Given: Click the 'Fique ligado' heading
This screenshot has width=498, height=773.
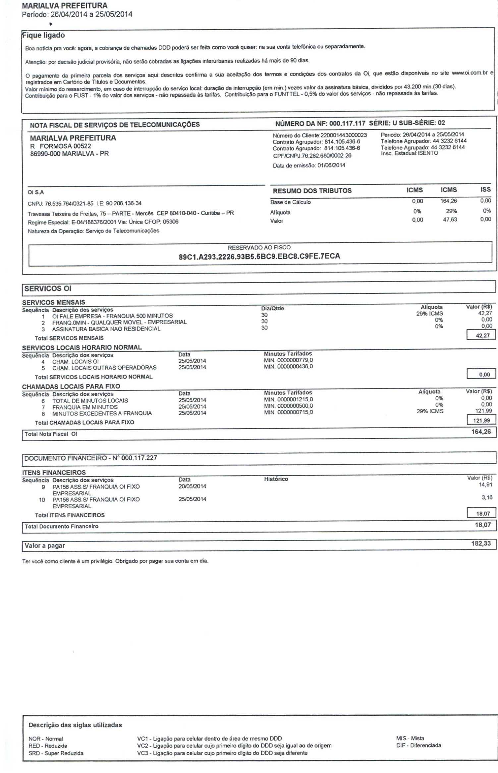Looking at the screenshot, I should [43, 35].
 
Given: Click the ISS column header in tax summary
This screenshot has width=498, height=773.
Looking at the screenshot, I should [485, 189].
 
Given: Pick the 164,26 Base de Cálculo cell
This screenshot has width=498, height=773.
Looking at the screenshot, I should [449, 201].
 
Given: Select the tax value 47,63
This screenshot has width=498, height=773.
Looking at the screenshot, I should [450, 219].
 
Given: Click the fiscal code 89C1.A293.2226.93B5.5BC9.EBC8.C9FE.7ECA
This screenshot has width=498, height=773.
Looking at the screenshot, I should [259, 256].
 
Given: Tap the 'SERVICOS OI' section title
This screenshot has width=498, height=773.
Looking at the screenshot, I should [48, 288].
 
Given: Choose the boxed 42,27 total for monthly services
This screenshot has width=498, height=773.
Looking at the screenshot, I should [482, 335].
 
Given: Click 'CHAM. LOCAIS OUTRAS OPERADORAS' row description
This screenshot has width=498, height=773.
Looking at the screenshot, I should [104, 368].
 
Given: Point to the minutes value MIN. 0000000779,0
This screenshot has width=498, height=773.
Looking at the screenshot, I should [288, 360].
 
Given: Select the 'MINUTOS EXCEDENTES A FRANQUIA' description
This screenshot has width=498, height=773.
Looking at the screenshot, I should [102, 413].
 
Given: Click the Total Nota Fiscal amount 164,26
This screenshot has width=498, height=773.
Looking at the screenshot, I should [481, 432].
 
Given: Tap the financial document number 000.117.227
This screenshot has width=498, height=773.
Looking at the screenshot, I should [139, 458].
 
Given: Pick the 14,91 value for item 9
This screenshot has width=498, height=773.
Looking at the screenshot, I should [485, 485].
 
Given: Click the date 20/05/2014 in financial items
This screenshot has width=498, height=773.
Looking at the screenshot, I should [192, 486].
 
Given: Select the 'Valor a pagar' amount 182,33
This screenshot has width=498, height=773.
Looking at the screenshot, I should [481, 543].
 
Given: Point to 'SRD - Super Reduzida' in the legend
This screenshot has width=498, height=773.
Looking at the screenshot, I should [56, 753].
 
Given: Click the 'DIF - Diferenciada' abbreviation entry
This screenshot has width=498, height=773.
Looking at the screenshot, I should [418, 745].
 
